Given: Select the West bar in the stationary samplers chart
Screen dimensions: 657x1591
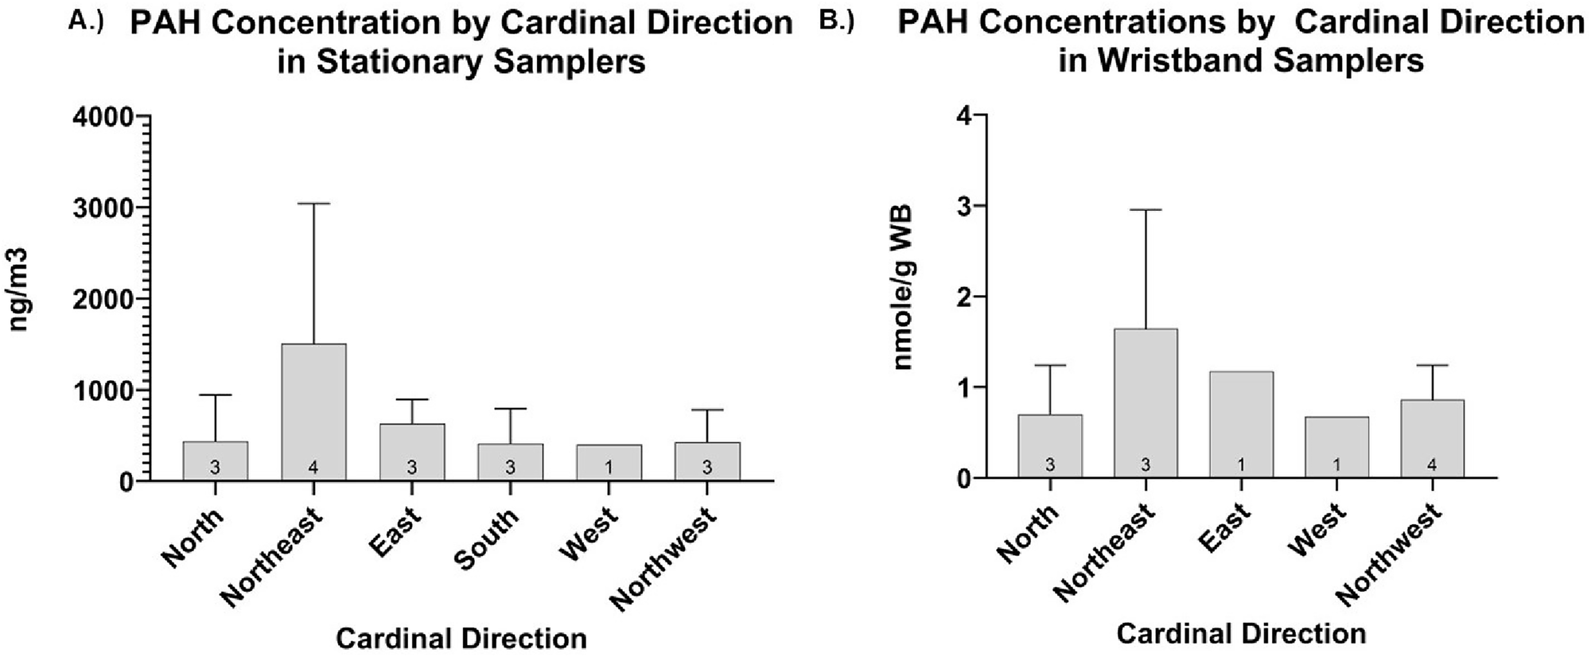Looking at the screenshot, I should point(609,462).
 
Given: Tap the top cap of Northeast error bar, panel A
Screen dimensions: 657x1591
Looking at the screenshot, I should point(313,204).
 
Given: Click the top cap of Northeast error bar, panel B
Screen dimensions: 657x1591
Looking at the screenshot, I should point(1146,210).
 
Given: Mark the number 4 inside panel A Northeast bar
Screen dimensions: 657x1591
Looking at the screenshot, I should point(313,468).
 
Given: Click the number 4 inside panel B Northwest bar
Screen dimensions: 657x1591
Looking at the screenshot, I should point(1432,465).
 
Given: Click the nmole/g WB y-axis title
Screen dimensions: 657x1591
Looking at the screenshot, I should point(904,287).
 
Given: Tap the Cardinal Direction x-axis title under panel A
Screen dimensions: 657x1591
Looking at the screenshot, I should point(461,638).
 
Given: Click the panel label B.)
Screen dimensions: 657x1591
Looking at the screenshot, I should point(836,21).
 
